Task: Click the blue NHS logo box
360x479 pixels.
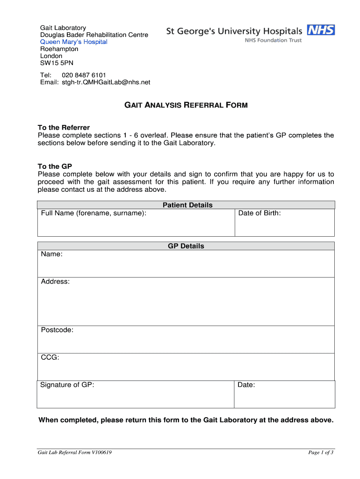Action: pos(321,30)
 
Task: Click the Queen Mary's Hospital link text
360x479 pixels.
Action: pos(74,42)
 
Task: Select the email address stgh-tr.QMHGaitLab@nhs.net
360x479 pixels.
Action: pos(106,82)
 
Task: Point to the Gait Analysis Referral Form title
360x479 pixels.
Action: pos(186,105)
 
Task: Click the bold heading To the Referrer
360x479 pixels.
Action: pos(64,128)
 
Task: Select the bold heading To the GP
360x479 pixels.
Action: pos(55,167)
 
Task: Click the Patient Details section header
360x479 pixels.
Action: pos(187,205)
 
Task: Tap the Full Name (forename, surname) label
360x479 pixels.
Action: pos(94,213)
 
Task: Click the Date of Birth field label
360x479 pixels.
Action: pos(259,213)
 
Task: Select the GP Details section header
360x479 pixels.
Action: pos(186,246)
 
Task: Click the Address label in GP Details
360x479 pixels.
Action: pos(55,282)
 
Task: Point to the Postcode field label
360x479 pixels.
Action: pos(57,330)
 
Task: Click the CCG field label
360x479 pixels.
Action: pos(50,357)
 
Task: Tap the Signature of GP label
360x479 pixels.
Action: pos(67,385)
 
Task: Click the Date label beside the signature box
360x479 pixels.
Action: pos(246,385)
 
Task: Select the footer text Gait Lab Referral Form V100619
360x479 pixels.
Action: pos(75,452)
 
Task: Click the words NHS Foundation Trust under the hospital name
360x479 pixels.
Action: pos(274,41)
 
